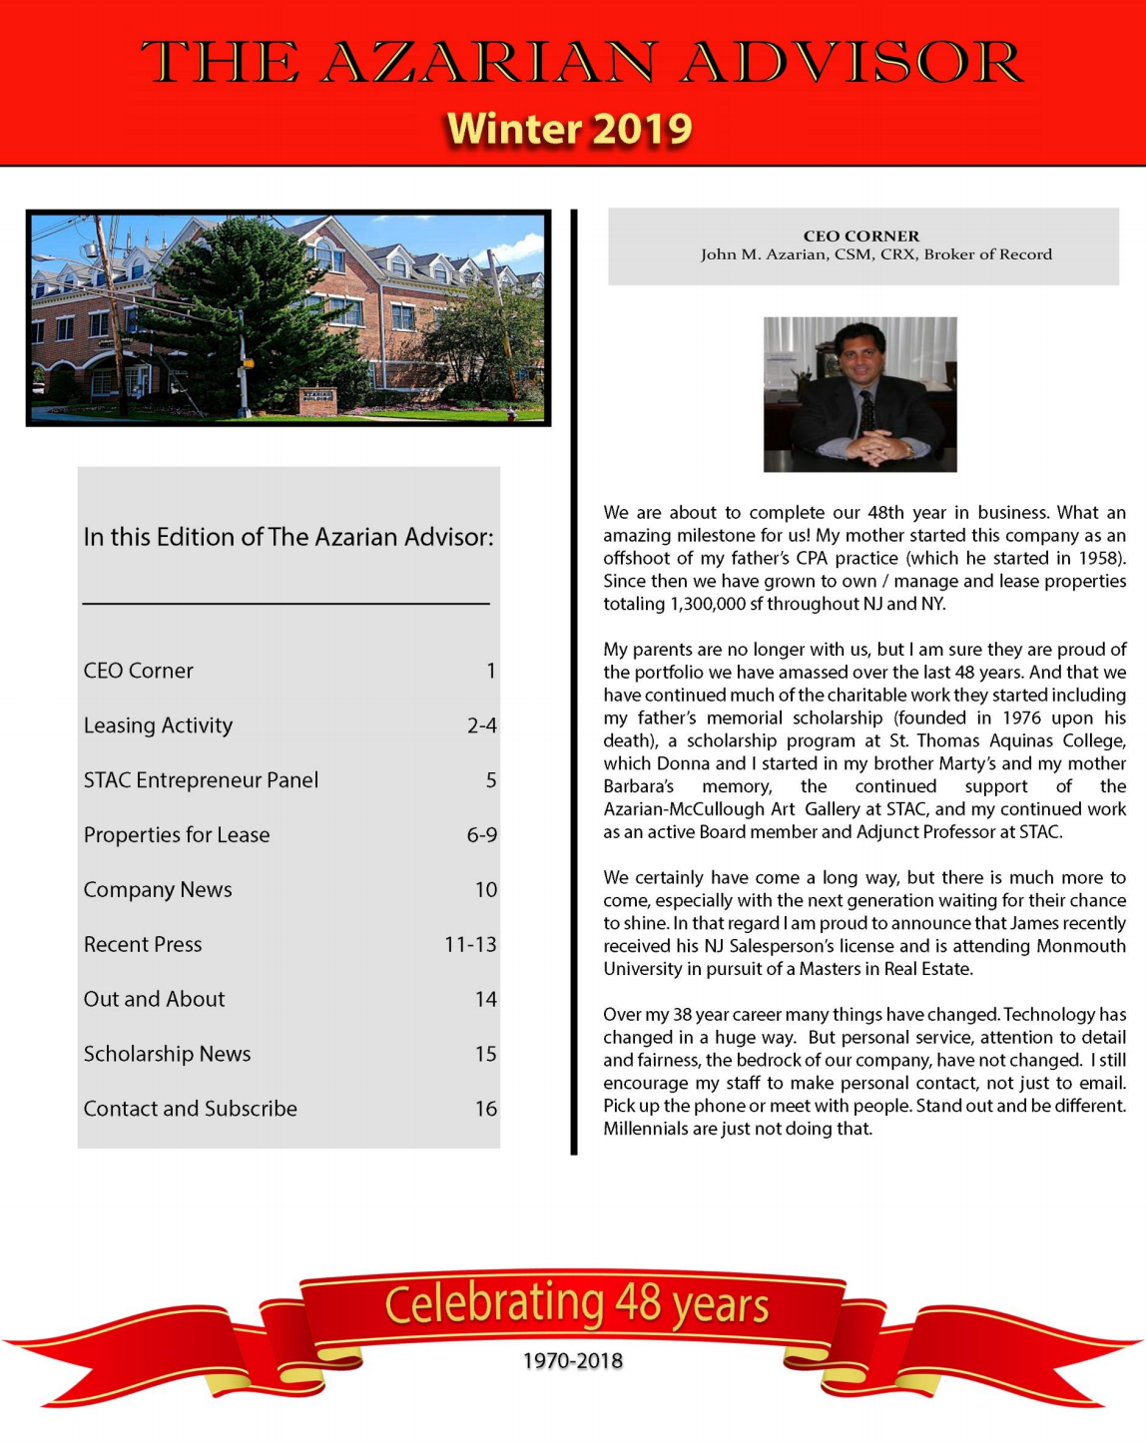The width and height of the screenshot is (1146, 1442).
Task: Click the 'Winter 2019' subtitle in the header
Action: click(569, 129)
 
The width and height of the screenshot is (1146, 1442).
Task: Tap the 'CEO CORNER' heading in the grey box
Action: click(860, 237)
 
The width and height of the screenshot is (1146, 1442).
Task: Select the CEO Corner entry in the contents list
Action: click(139, 671)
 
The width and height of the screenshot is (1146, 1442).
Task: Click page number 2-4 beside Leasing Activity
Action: click(481, 725)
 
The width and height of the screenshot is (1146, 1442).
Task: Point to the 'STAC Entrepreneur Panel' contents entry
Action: click(201, 780)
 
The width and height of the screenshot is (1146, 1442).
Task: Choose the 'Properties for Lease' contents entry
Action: click(177, 835)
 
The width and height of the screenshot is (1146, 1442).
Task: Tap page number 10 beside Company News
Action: click(485, 890)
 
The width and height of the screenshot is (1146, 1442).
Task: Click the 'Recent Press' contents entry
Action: click(143, 944)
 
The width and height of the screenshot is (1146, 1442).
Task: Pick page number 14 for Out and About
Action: click(485, 999)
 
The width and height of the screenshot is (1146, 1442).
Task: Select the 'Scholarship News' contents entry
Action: click(167, 1054)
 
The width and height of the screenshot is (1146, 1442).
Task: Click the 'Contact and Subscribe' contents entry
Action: click(191, 1109)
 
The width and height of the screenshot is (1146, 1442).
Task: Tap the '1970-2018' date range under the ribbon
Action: click(573, 1360)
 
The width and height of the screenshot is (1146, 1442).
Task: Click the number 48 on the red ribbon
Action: click(638, 1302)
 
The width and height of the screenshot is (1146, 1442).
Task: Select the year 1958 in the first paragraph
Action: click(1099, 558)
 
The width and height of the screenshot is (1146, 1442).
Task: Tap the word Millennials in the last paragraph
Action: click(646, 1129)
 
